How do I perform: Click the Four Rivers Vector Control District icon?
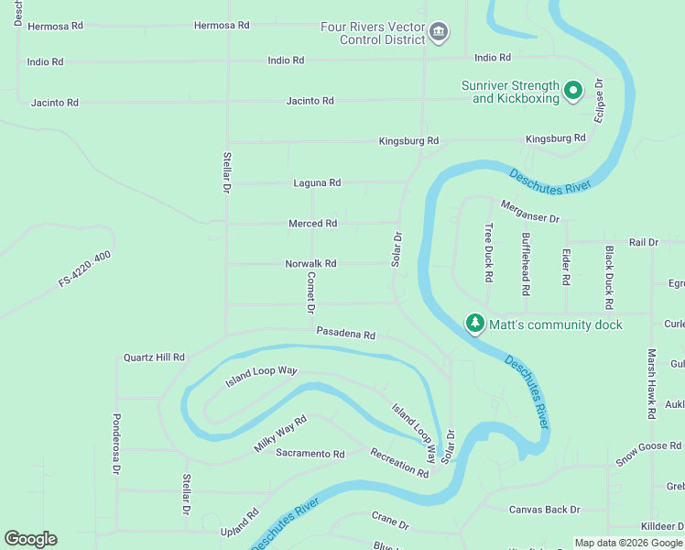tap(439, 33)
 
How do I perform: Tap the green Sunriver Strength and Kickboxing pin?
tap(573, 90)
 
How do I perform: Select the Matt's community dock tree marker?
tap(474, 324)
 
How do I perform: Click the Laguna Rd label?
tap(317, 183)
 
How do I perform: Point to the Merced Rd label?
tap(313, 224)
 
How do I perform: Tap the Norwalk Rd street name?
tap(310, 264)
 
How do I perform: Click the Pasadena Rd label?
tap(346, 335)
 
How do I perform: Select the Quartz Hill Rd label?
tap(154, 357)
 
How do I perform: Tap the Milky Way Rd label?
tap(279, 434)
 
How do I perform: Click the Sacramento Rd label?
tap(310, 454)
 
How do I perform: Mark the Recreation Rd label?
tap(399, 463)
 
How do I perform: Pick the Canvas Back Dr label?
tap(545, 510)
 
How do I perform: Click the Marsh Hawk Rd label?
tap(651, 384)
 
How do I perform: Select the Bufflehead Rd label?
tap(526, 264)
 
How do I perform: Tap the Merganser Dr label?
tap(530, 213)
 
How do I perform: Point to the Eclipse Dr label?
tap(599, 100)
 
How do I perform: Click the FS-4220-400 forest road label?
tap(84, 269)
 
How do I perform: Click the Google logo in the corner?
tap(30, 539)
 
